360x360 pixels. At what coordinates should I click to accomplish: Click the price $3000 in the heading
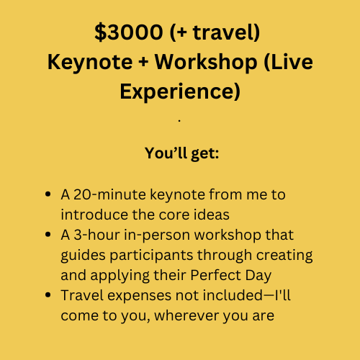click(x=129, y=32)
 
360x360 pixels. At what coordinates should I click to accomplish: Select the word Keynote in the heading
click(x=90, y=63)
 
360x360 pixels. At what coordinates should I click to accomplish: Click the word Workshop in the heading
click(x=206, y=63)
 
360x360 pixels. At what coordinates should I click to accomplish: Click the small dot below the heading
click(x=179, y=121)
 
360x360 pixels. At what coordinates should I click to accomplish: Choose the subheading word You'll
click(x=166, y=153)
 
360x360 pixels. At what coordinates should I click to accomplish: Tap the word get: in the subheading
click(x=205, y=154)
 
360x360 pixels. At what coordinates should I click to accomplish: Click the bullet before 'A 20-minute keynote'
click(x=48, y=194)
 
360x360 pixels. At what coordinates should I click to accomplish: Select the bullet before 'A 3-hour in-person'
click(x=48, y=234)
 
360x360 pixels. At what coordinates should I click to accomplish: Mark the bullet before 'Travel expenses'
click(x=48, y=294)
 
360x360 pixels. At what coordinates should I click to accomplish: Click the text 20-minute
click(x=109, y=194)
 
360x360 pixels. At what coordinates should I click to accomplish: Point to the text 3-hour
click(x=96, y=235)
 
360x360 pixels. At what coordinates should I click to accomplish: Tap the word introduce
click(x=94, y=215)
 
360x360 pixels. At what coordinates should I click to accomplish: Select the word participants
click(x=151, y=256)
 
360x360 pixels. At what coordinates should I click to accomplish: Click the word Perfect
click(x=215, y=275)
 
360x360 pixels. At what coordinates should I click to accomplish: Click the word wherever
click(x=186, y=315)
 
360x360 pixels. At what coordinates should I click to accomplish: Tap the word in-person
click(x=157, y=235)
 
